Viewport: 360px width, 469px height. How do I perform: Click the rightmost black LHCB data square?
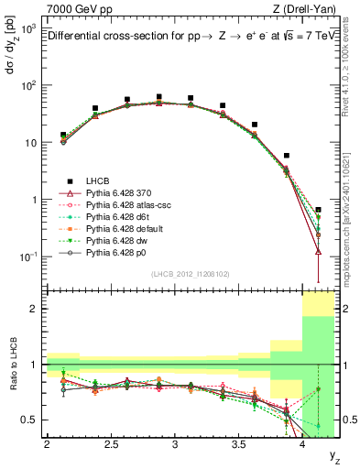(318, 210)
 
